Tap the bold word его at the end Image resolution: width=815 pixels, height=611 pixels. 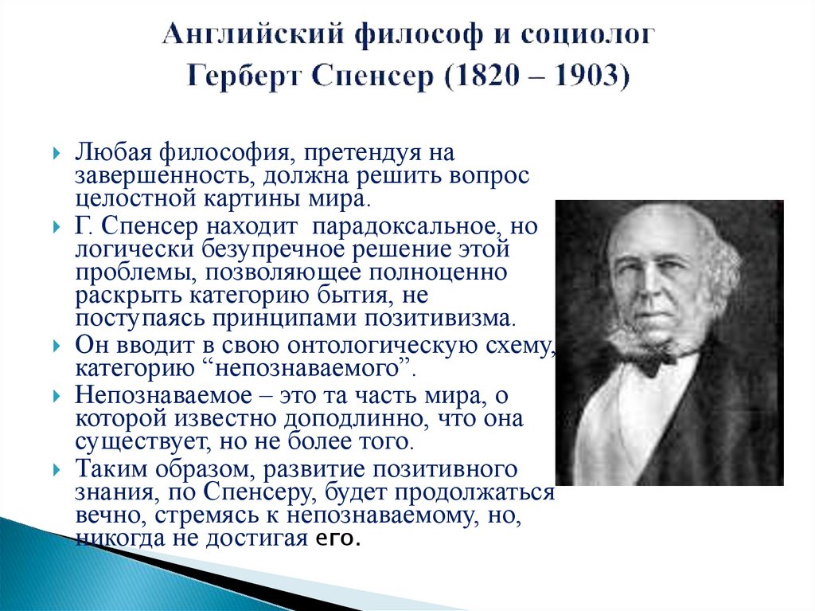pyautogui.click(x=338, y=539)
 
